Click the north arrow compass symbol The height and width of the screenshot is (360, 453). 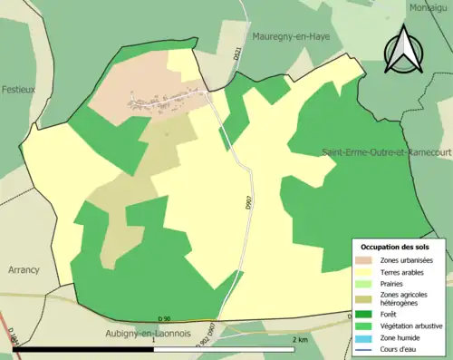point(405,49)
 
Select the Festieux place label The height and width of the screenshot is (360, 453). point(18,90)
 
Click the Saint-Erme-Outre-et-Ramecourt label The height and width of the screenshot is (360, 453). point(387,153)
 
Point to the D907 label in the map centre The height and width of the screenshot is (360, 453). point(248,204)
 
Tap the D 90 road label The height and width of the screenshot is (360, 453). point(164,318)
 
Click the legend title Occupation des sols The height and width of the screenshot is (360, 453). point(395,247)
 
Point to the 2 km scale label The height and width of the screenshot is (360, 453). point(300,339)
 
